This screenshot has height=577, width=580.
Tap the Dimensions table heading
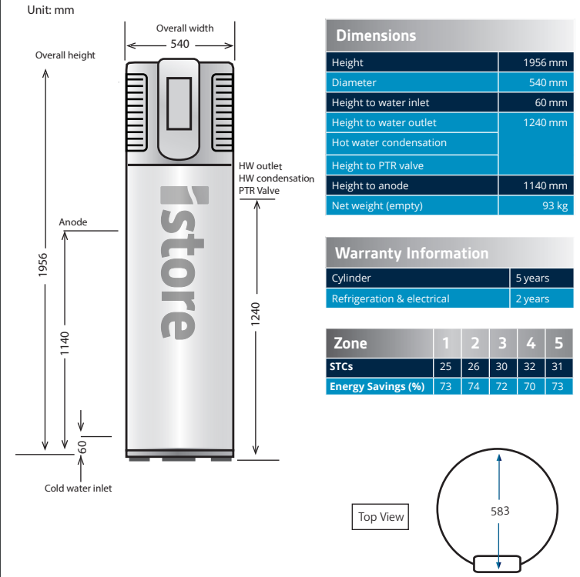click(x=376, y=35)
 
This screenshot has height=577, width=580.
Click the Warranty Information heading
click(x=411, y=253)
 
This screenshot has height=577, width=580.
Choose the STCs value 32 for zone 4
click(x=531, y=367)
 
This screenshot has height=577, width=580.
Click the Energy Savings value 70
click(x=531, y=386)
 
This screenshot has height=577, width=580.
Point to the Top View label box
click(x=381, y=517)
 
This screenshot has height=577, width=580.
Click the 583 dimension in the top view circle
click(x=499, y=511)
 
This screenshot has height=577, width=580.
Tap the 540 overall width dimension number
click(x=179, y=44)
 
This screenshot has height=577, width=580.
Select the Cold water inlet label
click(x=78, y=488)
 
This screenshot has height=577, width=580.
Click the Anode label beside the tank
click(x=73, y=222)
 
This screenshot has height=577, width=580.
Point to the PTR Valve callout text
click(x=259, y=191)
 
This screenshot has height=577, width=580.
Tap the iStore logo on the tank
click(x=175, y=262)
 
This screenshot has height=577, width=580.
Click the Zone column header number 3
click(x=502, y=343)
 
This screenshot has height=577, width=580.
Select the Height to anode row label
click(x=370, y=185)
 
